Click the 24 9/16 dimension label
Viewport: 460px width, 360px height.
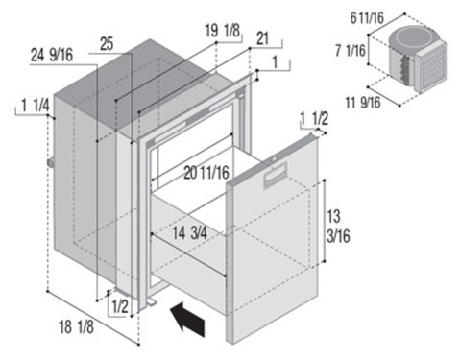point(52,55)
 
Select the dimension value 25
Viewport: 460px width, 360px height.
point(107,44)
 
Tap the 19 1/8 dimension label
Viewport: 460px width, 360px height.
point(222,31)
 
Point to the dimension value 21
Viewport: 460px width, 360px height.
point(262,38)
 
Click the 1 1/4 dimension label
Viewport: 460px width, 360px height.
point(36,106)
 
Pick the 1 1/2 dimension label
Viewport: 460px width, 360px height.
point(314,119)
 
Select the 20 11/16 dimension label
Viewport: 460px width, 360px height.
point(206,173)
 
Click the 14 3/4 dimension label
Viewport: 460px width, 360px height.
point(190,233)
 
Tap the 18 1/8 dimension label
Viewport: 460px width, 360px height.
point(77,327)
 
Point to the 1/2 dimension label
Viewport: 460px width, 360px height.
point(120,306)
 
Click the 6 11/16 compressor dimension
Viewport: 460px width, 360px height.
point(367,18)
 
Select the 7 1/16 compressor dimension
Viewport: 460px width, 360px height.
point(351,51)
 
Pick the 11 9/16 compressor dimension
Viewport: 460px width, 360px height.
point(363,103)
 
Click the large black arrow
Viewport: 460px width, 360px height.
point(188,319)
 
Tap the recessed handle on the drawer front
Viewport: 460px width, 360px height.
point(275,176)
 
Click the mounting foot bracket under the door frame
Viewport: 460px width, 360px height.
point(152,301)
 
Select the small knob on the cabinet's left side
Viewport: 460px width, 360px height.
point(51,163)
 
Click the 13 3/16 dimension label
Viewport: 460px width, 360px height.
point(338,227)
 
